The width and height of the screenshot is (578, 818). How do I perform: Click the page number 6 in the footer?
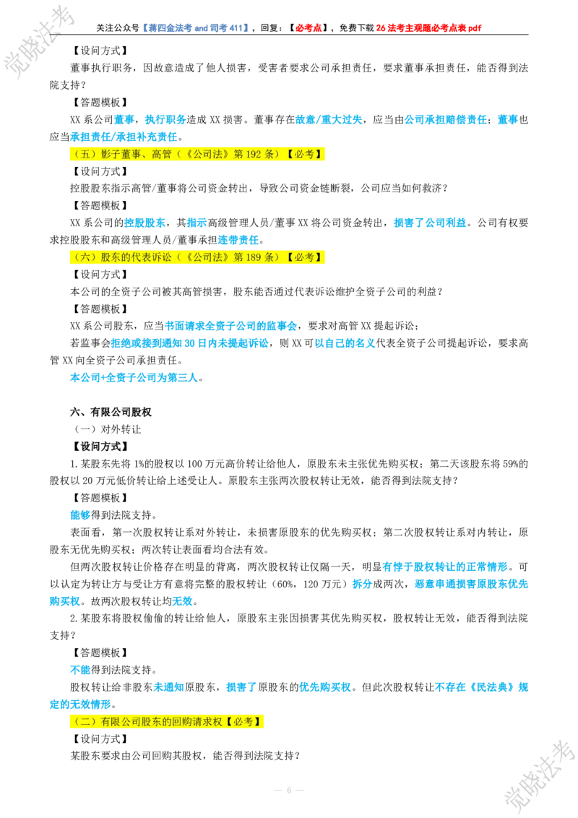coord(289,791)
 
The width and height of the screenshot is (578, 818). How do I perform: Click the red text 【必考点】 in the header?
coord(308,27)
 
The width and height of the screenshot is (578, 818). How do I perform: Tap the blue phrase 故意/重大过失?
coord(329,119)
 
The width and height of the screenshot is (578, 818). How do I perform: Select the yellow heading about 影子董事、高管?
coord(197,154)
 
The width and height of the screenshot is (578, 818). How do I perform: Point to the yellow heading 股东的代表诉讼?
coord(197,257)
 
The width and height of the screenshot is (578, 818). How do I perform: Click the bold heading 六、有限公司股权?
coord(111,412)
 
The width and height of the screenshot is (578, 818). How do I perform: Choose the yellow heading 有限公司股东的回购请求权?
coord(166,721)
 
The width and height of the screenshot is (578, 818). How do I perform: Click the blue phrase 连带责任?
coord(238,240)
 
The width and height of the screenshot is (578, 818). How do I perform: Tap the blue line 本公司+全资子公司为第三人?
coord(134,377)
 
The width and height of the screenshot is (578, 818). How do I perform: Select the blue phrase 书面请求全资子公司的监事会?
coord(230,326)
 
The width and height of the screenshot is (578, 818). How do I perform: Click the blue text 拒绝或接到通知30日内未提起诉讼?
coord(190,343)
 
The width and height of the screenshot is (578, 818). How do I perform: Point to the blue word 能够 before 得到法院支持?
coord(80,515)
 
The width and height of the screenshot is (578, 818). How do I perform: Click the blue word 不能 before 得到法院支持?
coord(80,670)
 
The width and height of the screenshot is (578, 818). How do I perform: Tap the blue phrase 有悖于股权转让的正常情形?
coord(445,567)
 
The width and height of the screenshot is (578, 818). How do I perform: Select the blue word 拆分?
coord(362,584)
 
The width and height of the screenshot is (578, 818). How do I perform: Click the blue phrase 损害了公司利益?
coord(430,223)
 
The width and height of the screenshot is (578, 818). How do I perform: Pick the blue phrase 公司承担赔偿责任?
coord(446,119)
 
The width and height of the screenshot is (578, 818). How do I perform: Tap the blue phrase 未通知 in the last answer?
coord(168,687)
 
